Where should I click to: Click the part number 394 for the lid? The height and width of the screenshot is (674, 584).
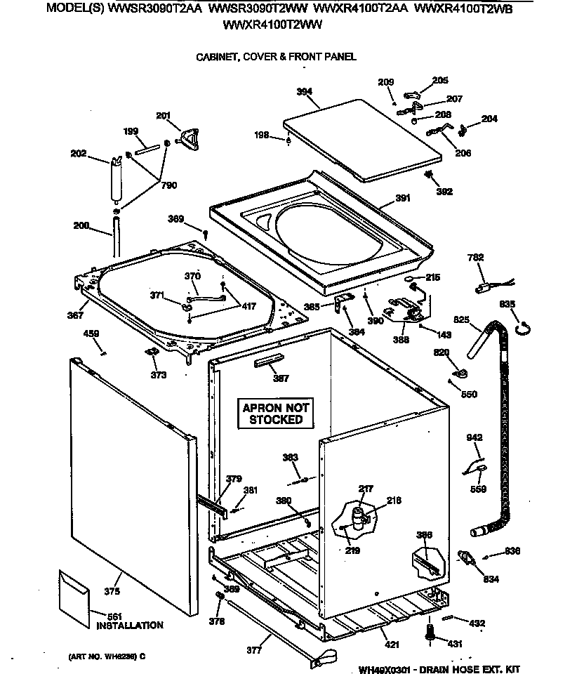click(304, 91)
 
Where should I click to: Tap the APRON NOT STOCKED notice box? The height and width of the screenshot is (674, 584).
click(276, 414)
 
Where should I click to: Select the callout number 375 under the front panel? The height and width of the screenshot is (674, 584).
click(112, 591)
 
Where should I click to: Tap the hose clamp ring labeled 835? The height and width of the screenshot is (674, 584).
click(523, 325)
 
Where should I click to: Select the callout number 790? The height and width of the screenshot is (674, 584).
click(168, 185)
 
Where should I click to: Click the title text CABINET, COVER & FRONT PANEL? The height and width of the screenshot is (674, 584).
click(276, 57)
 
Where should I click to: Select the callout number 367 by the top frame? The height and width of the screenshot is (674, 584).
click(75, 315)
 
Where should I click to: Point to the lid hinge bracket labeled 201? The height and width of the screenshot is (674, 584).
click(189, 138)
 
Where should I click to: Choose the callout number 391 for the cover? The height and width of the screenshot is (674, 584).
click(402, 198)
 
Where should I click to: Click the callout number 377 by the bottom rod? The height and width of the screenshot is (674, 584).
click(254, 650)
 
